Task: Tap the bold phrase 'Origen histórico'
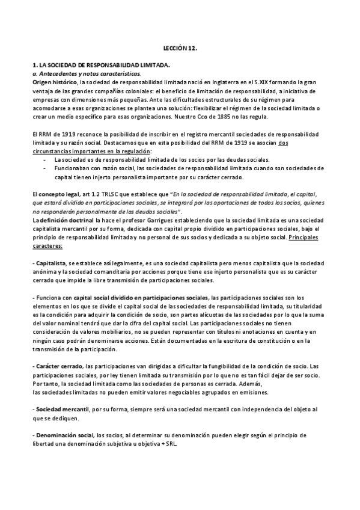pos(55,81)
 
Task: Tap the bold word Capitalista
pos(50,263)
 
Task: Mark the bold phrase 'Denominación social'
pos(64,434)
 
